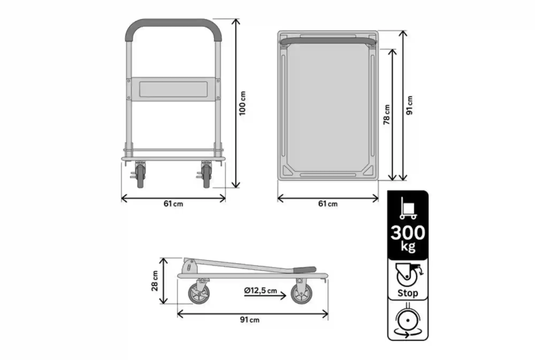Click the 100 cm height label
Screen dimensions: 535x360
(x=242, y=103)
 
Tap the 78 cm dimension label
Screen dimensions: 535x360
(x=387, y=114)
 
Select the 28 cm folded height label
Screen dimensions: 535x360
(x=155, y=281)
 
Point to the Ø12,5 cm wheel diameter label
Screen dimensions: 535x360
(x=260, y=291)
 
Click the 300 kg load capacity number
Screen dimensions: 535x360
(x=408, y=233)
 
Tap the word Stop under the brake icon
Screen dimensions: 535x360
(x=408, y=293)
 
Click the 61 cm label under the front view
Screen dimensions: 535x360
(x=173, y=204)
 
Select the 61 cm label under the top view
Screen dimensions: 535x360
(x=328, y=204)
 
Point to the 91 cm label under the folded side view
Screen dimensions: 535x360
(x=250, y=320)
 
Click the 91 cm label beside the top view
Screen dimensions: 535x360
(x=409, y=105)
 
